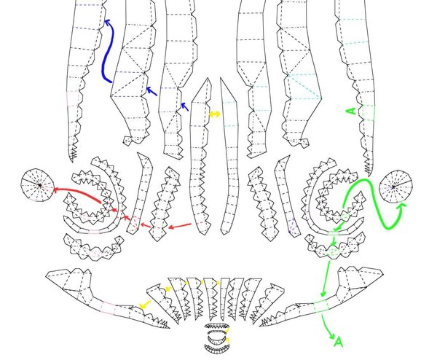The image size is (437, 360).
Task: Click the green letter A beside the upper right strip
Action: pyautogui.click(x=352, y=111)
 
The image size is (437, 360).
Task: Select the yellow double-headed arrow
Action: pyautogui.click(x=215, y=114)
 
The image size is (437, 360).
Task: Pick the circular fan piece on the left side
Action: pyautogui.click(x=37, y=184)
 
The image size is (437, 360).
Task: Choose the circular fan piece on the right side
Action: pyautogui.click(x=395, y=186)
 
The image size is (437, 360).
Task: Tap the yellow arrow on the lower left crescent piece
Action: pyautogui.click(x=145, y=305)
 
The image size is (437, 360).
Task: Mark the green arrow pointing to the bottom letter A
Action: pyautogui.click(x=328, y=326)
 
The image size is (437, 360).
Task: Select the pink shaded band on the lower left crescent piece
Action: pyautogui.click(x=108, y=307)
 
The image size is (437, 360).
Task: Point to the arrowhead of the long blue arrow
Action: pyautogui.click(x=107, y=23)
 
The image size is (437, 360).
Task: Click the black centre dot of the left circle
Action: pyautogui.click(x=40, y=185)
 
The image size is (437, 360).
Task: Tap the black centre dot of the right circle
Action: pyautogui.click(x=393, y=187)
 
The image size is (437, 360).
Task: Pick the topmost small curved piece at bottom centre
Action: pyautogui.click(x=217, y=326)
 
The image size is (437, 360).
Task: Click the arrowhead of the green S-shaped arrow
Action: pyautogui.click(x=403, y=206)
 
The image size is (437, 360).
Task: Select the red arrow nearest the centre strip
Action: pyautogui.click(x=180, y=226)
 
